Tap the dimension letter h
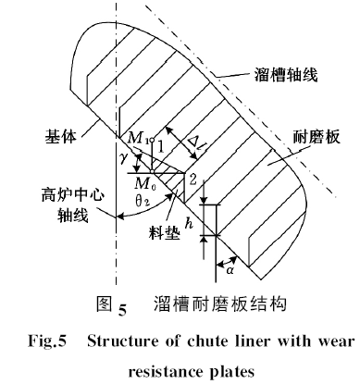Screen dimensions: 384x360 (x=190, y=221)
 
